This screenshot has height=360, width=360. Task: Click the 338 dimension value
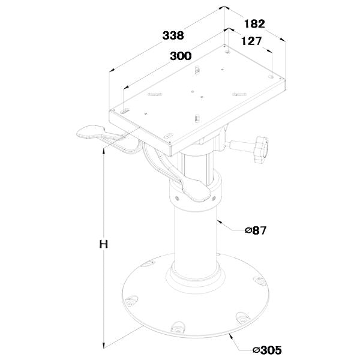click(x=173, y=35)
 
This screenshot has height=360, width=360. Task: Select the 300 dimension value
click(x=181, y=56)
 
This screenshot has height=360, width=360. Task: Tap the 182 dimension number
click(x=254, y=23)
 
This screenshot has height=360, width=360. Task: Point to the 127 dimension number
click(x=251, y=41)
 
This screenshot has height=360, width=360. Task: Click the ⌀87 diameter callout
click(x=256, y=230)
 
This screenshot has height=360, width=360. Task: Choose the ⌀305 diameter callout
click(x=267, y=350)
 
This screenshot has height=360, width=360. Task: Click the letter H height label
click(x=104, y=244)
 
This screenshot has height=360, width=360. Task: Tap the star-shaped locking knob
click(x=261, y=149)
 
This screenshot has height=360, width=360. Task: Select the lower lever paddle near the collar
click(x=196, y=191)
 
